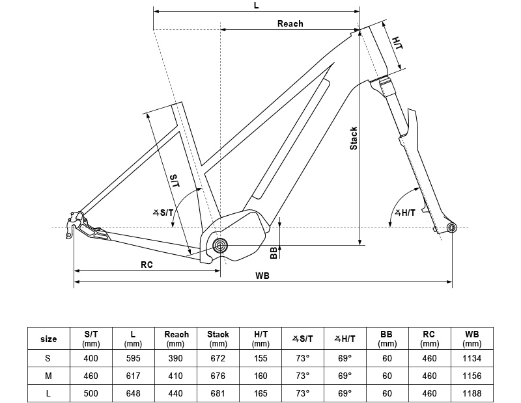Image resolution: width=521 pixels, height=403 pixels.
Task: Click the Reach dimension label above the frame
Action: point(290,23)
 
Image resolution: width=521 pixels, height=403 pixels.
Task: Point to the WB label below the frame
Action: point(262,276)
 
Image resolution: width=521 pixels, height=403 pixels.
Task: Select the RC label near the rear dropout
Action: point(147,265)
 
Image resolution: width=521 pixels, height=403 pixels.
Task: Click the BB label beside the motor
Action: point(274,253)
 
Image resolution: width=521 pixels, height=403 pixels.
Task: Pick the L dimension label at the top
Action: point(256,5)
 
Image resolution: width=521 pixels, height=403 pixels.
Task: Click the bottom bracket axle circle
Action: point(220,245)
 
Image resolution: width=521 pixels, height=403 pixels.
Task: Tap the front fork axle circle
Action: point(452,227)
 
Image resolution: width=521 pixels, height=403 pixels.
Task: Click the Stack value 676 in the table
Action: point(218,376)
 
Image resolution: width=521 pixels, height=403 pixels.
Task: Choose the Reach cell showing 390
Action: point(176,358)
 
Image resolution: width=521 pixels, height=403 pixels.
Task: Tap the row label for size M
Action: point(48,376)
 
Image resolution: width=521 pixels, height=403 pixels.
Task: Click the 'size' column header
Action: point(48,339)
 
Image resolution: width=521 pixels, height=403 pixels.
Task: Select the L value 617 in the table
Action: point(133,376)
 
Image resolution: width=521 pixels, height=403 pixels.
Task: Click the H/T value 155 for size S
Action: point(260,358)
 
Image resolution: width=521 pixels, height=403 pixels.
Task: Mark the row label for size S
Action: point(48,358)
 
